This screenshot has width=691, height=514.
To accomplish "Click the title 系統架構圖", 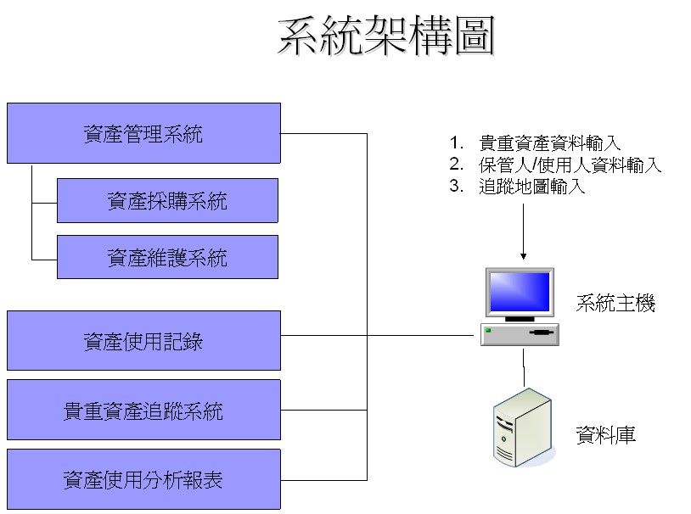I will click(x=386, y=37).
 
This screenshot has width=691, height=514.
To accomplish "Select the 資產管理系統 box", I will click(x=143, y=133).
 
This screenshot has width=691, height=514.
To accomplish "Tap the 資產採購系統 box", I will click(x=167, y=201).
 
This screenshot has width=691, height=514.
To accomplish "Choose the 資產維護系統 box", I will click(x=167, y=257).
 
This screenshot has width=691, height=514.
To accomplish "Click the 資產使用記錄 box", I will click(x=143, y=341).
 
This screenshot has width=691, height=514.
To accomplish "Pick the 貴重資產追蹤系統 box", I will click(x=143, y=411).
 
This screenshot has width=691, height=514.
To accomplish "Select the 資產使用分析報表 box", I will click(x=143, y=480).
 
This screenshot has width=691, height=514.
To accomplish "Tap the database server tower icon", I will click(x=523, y=428).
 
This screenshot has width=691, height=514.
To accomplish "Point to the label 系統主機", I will click(x=615, y=304).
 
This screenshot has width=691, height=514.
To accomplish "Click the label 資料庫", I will click(x=605, y=436).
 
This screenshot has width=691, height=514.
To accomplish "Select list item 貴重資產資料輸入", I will click(x=549, y=143).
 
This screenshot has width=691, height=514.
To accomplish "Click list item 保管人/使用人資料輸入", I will click(x=570, y=165).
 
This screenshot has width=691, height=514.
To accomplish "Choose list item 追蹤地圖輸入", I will click(x=531, y=187).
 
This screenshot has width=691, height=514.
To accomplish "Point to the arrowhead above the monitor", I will click(x=523, y=254).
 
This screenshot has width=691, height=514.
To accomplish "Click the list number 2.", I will click(x=456, y=165).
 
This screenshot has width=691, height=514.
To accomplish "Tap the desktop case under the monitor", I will click(x=520, y=334).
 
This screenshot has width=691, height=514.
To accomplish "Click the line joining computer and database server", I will click(x=523, y=366).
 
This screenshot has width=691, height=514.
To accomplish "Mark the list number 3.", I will click(x=456, y=187).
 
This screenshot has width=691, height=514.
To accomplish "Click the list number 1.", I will click(x=456, y=143).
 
